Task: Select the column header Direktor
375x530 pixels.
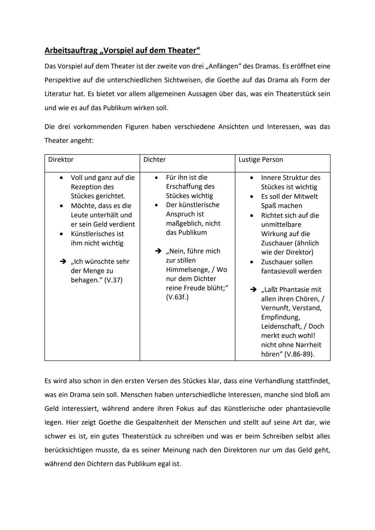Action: tap(61, 160)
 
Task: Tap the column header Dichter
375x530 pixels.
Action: tap(155, 160)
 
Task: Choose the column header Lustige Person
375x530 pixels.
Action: tap(260, 160)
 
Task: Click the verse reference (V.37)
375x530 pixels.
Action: tap(113, 280)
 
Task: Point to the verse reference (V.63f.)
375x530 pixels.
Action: tap(177, 297)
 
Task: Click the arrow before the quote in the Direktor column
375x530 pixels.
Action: tap(63, 262)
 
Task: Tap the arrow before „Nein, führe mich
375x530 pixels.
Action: tap(158, 251)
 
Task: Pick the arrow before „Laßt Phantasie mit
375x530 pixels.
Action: tap(253, 290)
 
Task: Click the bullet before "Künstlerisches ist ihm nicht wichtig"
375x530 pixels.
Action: tap(61, 234)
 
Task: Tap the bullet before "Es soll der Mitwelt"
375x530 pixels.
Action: tap(252, 196)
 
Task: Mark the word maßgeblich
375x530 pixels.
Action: tap(183, 224)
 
